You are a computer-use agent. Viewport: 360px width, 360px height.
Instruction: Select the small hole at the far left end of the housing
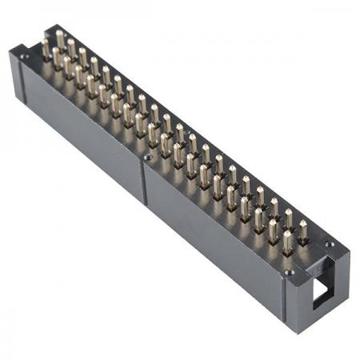coord(25,57)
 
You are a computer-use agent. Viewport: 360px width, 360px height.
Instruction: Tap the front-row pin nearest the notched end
coord(286,240)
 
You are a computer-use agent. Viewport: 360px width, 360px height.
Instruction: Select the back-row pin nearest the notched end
coord(302,230)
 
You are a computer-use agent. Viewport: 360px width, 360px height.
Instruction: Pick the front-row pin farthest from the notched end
coord(45,47)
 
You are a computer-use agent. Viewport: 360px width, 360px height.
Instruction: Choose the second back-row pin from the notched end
coord(289,219)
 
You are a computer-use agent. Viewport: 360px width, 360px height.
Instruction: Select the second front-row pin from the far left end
coord(57,58)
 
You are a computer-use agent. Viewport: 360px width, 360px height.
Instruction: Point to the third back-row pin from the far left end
coord(82,57)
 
